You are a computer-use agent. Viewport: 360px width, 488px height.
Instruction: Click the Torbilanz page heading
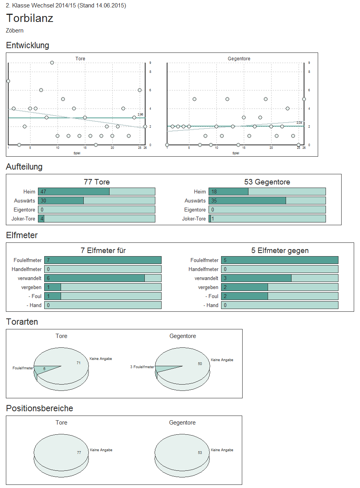pyautogui.click(x=30, y=18)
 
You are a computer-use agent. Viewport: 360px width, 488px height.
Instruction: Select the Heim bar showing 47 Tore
pyautogui.click(x=74, y=192)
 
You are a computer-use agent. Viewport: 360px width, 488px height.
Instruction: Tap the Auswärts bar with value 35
pyautogui.click(x=247, y=201)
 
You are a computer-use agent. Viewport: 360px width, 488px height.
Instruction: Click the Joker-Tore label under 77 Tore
pyautogui.click(x=24, y=219)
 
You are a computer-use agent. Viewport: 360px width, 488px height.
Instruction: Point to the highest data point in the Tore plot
pyautogui.click(x=52, y=63)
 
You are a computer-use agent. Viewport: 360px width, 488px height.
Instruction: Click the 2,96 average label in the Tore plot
pyautogui.click(x=140, y=114)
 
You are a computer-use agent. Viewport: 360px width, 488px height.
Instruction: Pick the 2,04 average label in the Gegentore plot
pyautogui.click(x=299, y=123)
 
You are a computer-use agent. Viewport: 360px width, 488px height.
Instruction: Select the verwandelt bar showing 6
pyautogui.click(x=94, y=278)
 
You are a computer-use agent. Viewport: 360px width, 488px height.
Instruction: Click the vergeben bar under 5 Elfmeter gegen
pyautogui.click(x=245, y=287)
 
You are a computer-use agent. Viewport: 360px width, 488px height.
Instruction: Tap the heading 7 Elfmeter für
pyautogui.click(x=103, y=251)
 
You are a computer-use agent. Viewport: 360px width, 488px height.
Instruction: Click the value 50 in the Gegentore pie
pyautogui.click(x=200, y=364)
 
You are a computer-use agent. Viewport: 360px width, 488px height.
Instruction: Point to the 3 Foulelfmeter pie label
pyautogui.click(x=142, y=367)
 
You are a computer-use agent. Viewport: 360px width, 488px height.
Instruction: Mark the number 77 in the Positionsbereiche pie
pyautogui.click(x=79, y=452)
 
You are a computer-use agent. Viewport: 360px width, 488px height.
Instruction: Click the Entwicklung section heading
pyautogui.click(x=28, y=45)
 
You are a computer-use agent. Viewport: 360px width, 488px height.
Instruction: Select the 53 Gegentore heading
pyautogui.click(x=267, y=182)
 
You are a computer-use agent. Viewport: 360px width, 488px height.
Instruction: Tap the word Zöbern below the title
pyautogui.click(x=15, y=31)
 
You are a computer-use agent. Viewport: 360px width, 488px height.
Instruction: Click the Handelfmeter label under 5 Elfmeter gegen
pyautogui.click(x=203, y=269)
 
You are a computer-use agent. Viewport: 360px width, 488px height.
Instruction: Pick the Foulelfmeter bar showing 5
pyautogui.click(x=279, y=260)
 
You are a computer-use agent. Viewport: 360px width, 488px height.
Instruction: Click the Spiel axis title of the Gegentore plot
pyautogui.click(x=236, y=153)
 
